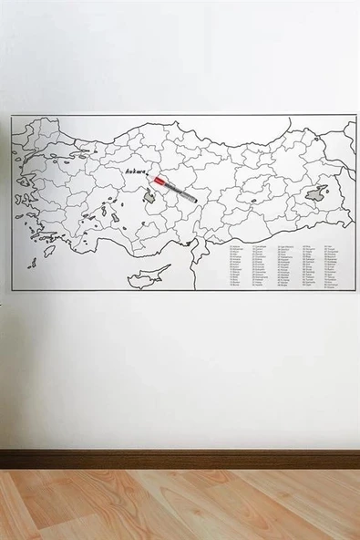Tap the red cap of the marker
coord(159,182)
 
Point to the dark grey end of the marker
coord(192,198)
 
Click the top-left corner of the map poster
coord(12,117)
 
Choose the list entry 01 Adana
coord(236,245)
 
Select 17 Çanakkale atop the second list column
coord(260,245)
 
